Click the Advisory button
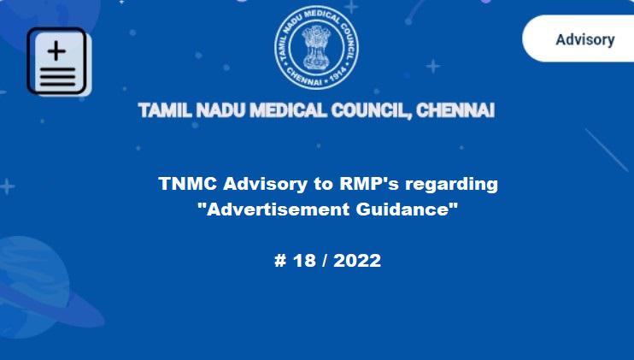tap(584, 39)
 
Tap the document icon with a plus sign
tap(57, 61)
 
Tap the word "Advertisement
tap(275, 210)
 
